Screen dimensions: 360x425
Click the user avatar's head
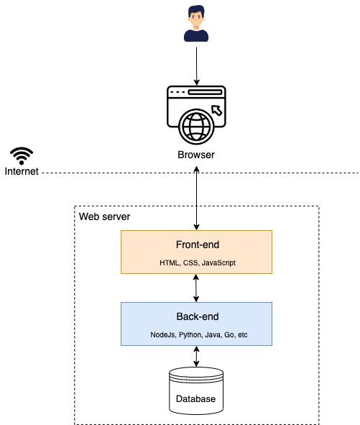(196, 17)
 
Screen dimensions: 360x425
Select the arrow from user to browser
(197, 66)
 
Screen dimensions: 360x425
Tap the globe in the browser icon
(196, 127)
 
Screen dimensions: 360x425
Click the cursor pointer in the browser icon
(217, 110)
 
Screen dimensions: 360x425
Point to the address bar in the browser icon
(205, 92)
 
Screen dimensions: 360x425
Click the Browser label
(196, 155)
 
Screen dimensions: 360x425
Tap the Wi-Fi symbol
(22, 156)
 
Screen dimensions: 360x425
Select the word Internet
(22, 171)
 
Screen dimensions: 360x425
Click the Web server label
(104, 216)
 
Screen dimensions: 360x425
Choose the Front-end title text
(198, 245)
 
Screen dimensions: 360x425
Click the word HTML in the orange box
(170, 263)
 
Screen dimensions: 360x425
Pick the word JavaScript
(218, 263)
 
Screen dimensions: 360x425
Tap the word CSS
(190, 263)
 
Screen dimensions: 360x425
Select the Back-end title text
(198, 316)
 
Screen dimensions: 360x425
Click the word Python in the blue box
(190, 335)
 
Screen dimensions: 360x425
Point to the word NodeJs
(163, 335)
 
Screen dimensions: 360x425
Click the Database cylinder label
(195, 398)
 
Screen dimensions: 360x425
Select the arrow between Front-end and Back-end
(196, 288)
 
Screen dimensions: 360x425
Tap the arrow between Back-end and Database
(196, 357)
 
